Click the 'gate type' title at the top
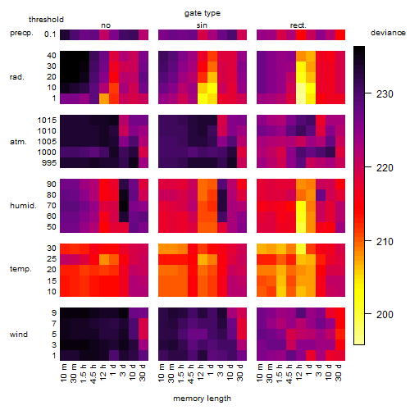click(x=203, y=13)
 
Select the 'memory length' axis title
click(x=202, y=399)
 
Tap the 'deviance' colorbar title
click(x=388, y=33)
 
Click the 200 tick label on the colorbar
click(x=385, y=315)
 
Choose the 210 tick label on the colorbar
click(x=385, y=242)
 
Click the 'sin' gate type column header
click(x=202, y=25)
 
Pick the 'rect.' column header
click(x=298, y=25)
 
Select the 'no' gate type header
click(x=106, y=25)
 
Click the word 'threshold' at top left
click(x=46, y=20)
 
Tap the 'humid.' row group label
click(x=23, y=206)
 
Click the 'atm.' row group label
click(x=18, y=142)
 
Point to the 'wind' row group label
click(x=19, y=334)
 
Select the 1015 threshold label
click(x=47, y=121)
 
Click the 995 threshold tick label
click(x=49, y=163)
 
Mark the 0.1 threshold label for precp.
click(x=50, y=34)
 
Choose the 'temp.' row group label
click(x=20, y=269)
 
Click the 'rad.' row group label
click(x=17, y=77)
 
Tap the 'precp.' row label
click(x=21, y=33)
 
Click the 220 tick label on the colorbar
click(x=385, y=168)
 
